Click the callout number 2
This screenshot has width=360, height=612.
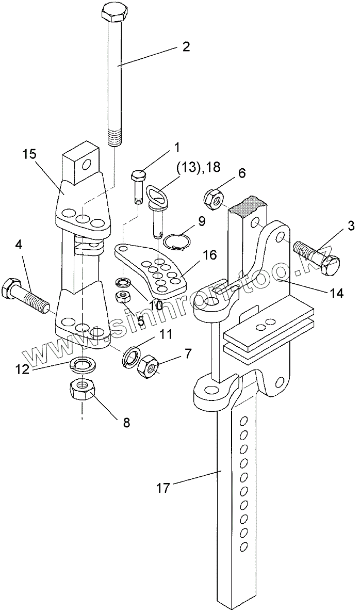pyautogui.click(x=185, y=47)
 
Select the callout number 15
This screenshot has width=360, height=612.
pyautogui.click(x=30, y=155)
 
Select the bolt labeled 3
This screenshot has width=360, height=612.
pyautogui.click(x=316, y=260)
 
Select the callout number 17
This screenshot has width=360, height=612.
pyautogui.click(x=163, y=488)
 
